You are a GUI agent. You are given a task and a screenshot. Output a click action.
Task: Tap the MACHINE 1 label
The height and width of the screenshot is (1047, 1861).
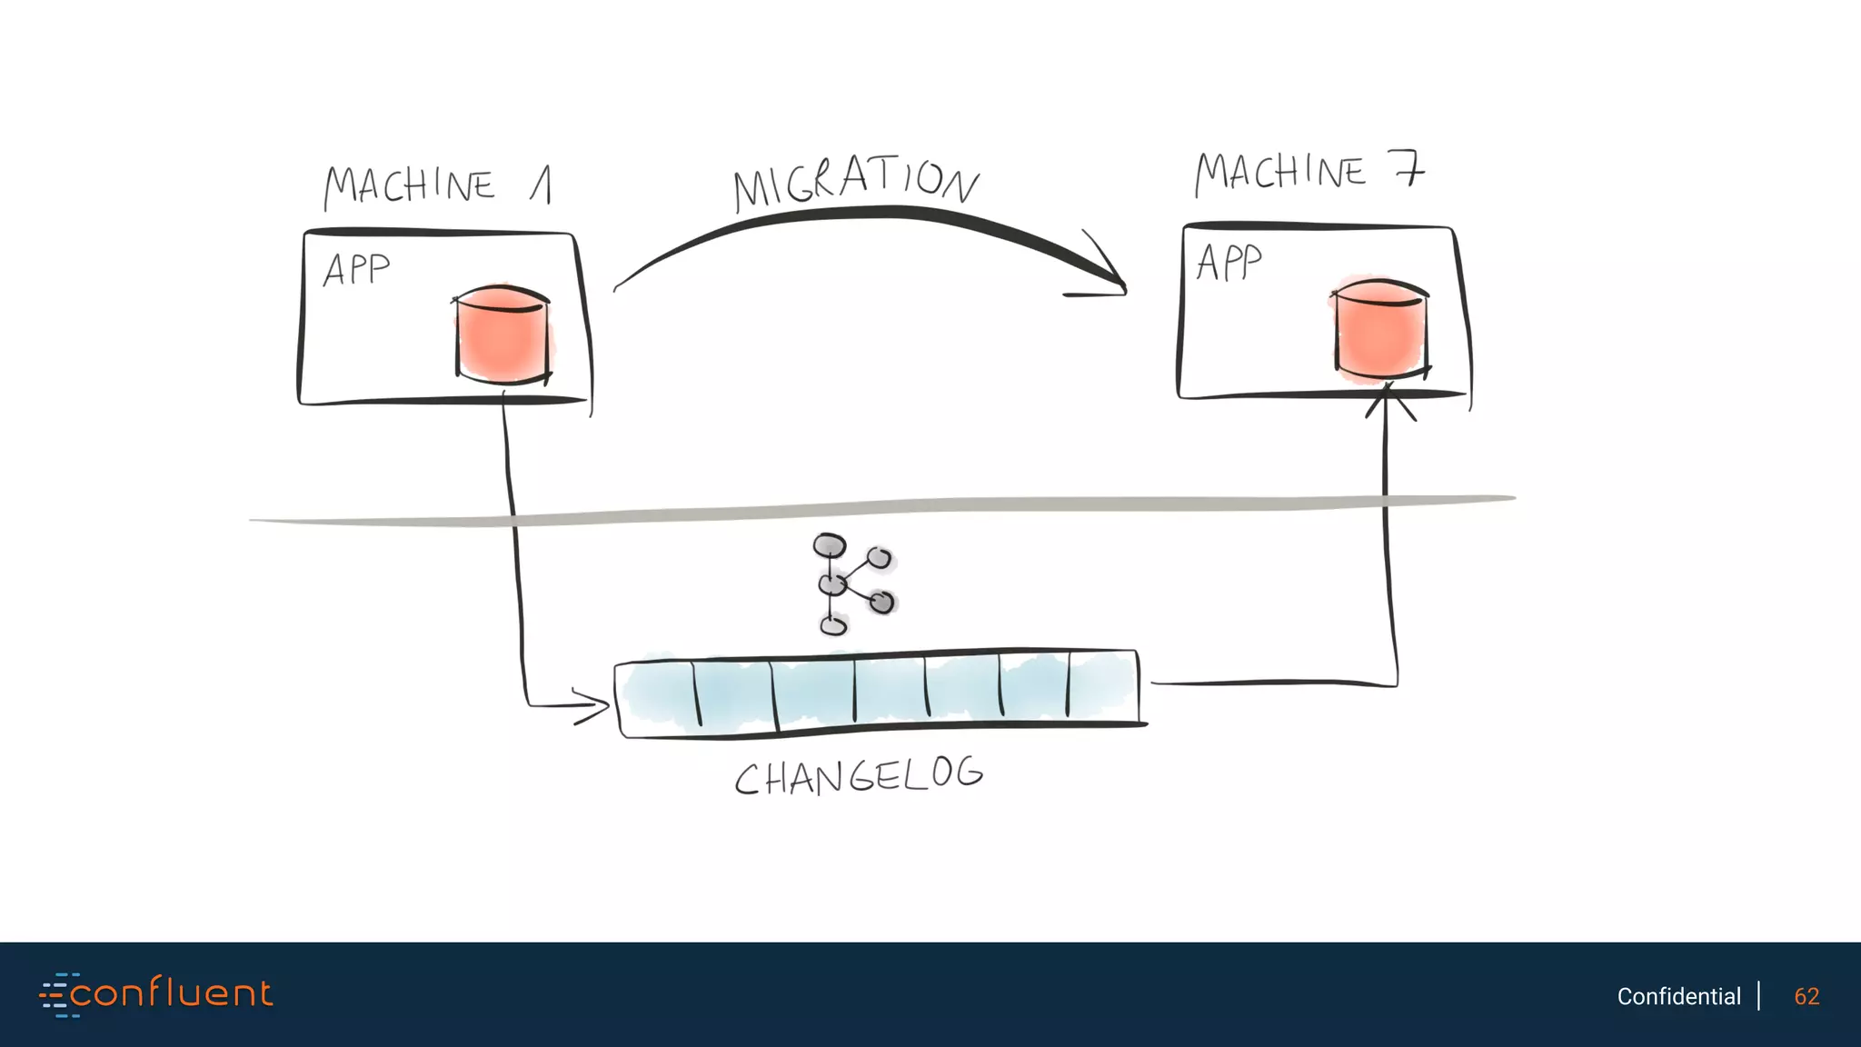(x=437, y=185)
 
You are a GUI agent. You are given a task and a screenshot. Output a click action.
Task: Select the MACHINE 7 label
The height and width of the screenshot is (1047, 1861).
(x=1309, y=173)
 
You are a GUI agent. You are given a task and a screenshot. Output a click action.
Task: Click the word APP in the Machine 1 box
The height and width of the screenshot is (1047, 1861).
(x=356, y=270)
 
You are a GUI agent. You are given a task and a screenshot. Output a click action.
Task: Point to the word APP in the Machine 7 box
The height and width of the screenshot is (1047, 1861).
(x=1229, y=263)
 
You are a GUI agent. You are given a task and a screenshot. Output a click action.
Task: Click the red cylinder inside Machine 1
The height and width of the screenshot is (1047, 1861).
(x=503, y=334)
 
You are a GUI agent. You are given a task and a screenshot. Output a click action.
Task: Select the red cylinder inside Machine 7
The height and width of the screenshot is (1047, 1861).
(x=1379, y=328)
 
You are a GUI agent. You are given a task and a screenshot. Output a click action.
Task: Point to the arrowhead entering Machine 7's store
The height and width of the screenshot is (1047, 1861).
(x=1388, y=400)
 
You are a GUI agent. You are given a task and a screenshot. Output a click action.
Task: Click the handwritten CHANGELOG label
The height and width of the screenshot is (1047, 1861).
(x=858, y=777)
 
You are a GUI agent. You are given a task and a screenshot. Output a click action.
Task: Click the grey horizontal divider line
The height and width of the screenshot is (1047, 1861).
(x=881, y=510)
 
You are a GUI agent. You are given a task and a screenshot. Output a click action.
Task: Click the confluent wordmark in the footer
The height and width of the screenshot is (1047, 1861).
(x=171, y=993)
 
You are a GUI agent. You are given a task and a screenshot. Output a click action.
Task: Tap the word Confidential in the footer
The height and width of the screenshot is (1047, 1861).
(x=1678, y=996)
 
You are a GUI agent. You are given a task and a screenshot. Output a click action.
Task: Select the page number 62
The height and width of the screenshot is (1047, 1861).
(x=1806, y=996)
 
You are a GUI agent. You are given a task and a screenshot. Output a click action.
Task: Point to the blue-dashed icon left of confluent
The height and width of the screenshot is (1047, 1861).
(x=56, y=994)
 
